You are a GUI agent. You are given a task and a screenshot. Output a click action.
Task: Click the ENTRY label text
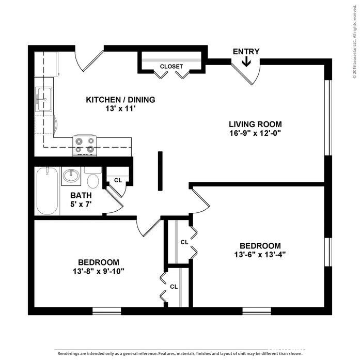(246, 52)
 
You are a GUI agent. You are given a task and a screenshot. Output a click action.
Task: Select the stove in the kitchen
(85, 145)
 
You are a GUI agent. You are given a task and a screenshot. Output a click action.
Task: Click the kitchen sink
(43, 97)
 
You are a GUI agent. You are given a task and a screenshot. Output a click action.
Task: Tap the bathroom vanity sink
(71, 176)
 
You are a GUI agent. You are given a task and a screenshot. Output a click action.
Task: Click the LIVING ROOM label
(255, 124)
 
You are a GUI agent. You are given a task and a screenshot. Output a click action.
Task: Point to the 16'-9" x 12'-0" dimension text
(255, 133)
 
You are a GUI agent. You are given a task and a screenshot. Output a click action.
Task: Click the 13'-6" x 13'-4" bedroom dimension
(260, 254)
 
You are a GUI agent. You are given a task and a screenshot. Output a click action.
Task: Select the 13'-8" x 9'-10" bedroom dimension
(99, 271)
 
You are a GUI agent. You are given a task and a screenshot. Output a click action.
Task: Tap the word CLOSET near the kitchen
(171, 67)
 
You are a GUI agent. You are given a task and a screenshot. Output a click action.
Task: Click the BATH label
(81, 195)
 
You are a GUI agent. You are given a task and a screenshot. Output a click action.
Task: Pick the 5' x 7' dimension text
(81, 204)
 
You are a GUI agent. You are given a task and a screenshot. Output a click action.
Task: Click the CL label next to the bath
(118, 180)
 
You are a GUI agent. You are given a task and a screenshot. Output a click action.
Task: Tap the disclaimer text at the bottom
(180, 354)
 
